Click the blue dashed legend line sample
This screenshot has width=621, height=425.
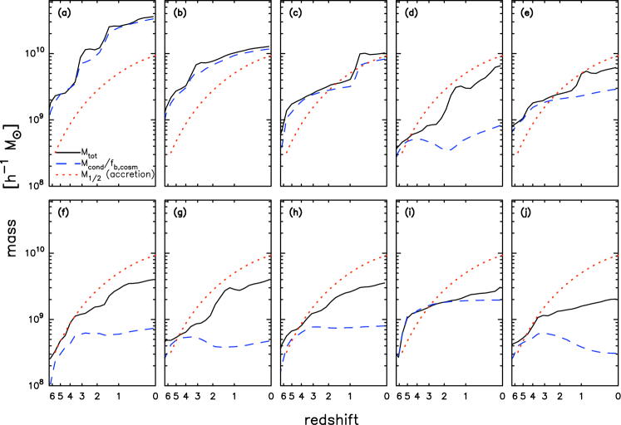pos(67,164)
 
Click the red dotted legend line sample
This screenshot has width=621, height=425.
pos(67,175)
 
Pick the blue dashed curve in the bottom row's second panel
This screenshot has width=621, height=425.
pos(224,346)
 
